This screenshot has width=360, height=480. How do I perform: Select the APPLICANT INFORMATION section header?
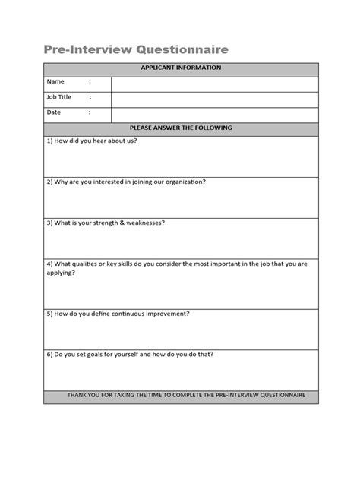click(x=181, y=68)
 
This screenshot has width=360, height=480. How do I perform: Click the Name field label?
click(x=55, y=82)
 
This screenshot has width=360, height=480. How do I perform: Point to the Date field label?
click(x=54, y=112)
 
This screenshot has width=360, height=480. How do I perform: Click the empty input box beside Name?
click(x=215, y=83)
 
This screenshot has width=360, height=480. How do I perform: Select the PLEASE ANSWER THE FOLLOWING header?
click(x=181, y=128)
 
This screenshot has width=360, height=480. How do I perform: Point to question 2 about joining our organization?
click(x=125, y=182)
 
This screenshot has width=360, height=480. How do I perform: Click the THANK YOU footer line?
click(x=181, y=396)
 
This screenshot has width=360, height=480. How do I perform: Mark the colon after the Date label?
click(x=90, y=112)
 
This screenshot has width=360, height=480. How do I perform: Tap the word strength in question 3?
click(x=106, y=223)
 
